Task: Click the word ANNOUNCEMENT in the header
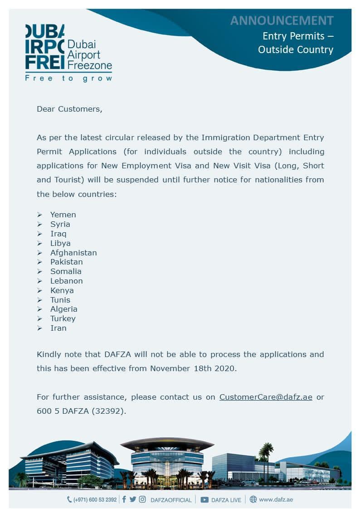(x=282, y=20)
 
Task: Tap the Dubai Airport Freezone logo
(x=68, y=48)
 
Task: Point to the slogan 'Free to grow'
(x=68, y=78)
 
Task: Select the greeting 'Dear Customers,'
(x=69, y=109)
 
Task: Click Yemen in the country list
(x=63, y=215)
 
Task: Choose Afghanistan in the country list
(x=73, y=253)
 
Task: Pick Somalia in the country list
(x=66, y=271)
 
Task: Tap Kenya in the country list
(x=62, y=290)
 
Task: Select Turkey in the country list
(x=63, y=318)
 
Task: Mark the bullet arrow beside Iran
(x=39, y=328)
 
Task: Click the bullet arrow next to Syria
(x=39, y=224)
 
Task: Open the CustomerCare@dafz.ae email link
(x=266, y=397)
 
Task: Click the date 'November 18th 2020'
(x=193, y=368)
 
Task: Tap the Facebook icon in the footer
(x=124, y=499)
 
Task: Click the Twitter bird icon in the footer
(x=132, y=499)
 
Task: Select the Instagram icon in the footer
(x=142, y=499)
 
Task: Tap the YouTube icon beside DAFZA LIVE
(x=204, y=499)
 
